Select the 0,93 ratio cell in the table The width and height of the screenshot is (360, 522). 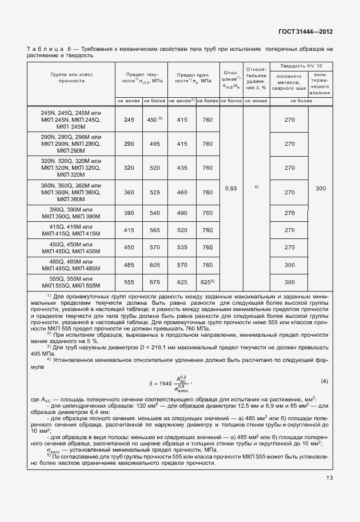(x=231, y=188)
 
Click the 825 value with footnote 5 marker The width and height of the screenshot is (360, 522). (x=207, y=282)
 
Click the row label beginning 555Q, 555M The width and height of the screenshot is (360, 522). (x=71, y=282)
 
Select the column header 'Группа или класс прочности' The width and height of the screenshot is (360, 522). (x=71, y=78)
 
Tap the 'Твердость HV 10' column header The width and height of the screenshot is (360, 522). (x=301, y=66)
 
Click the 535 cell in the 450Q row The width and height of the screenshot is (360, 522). (x=182, y=247)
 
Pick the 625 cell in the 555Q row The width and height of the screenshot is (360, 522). (x=182, y=282)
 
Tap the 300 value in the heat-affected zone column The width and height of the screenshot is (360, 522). (x=321, y=188)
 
